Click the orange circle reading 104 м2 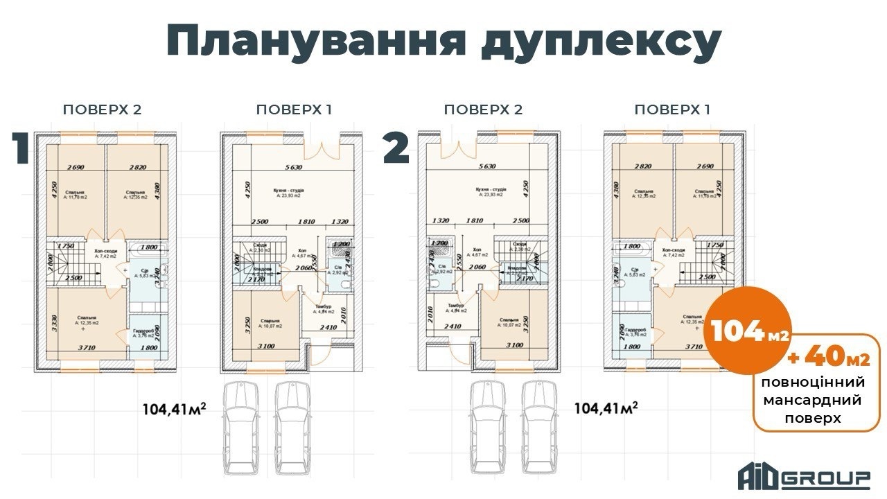pos(747,332)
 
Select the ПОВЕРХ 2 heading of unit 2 pos(483,110)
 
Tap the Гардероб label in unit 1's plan pos(144,331)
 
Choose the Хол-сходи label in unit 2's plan pos(674,249)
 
